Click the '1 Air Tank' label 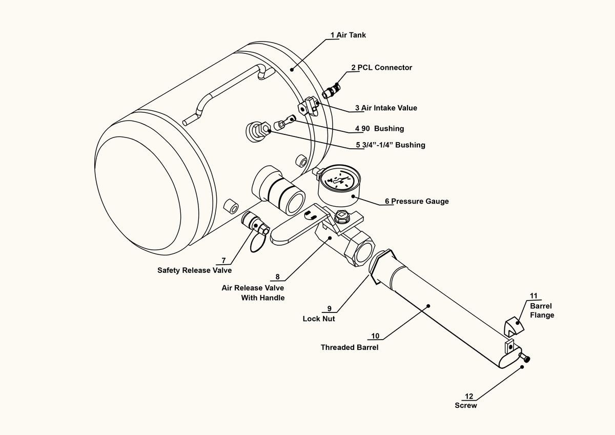click(348, 35)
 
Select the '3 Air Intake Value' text click(386, 108)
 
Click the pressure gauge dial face click(339, 180)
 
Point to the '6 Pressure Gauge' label click(417, 201)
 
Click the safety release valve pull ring click(257, 242)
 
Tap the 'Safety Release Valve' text click(194, 270)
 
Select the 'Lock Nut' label click(319, 319)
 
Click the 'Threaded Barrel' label click(350, 347)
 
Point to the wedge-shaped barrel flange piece click(514, 326)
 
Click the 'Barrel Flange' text click(542, 310)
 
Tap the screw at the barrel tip click(524, 357)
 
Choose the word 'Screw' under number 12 click(466, 405)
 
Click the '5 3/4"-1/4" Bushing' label click(391, 145)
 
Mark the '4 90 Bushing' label click(379, 129)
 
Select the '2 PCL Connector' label click(382, 68)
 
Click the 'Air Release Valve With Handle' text click(253, 293)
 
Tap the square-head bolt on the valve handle click(342, 216)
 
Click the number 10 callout click(375, 336)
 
